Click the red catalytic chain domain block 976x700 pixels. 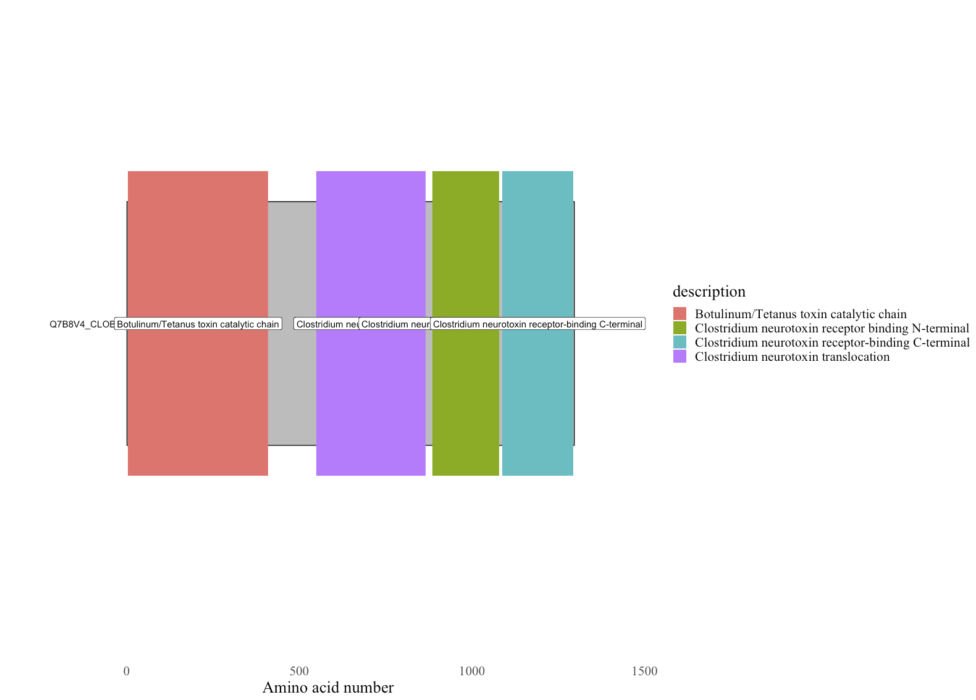[198, 247]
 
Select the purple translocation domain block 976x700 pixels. [371, 247]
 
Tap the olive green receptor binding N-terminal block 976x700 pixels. [465, 247]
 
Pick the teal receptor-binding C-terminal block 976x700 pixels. [537, 247]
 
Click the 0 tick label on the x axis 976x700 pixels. [127, 671]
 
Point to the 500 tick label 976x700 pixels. [299, 671]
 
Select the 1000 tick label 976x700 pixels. [471, 671]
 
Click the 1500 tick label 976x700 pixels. [644, 671]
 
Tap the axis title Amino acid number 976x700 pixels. [327, 688]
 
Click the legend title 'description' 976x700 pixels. [709, 291]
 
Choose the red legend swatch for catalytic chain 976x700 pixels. [679, 314]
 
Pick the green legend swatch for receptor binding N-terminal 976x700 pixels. [679, 328]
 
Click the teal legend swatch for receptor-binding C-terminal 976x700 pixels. [679, 342]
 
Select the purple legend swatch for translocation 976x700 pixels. [679, 356]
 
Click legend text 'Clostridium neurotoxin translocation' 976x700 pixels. [792, 356]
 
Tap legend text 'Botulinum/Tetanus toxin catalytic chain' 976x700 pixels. [801, 314]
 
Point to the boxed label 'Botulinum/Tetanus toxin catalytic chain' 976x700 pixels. [198, 324]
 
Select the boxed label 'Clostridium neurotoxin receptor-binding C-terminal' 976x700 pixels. [537, 324]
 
